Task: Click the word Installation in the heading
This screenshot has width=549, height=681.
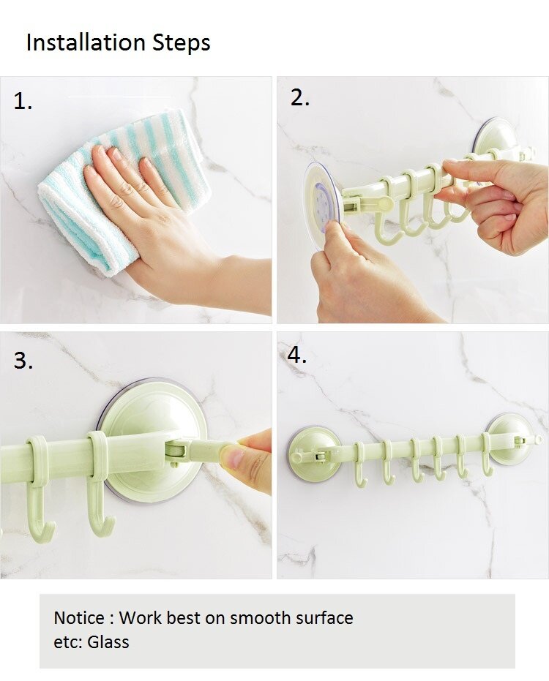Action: pos(86,42)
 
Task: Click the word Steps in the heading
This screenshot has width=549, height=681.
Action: pos(182,43)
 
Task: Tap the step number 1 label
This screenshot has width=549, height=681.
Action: pos(23,101)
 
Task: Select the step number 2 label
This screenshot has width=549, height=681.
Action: pos(300,98)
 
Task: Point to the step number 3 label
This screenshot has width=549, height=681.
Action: pos(23,361)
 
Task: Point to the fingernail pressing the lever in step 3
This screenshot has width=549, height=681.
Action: pos(230,456)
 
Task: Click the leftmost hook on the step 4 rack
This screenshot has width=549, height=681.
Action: pos(361,464)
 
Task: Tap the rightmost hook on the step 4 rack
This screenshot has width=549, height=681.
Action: pos(488,455)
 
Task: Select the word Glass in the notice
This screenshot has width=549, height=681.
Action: pos(108,642)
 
